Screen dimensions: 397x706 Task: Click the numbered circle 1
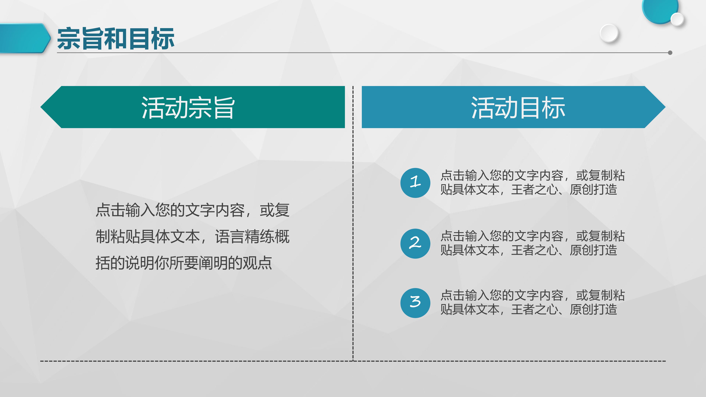pos(415,183)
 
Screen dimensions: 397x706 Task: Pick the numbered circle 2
pos(415,243)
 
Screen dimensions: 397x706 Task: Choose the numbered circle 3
pos(415,303)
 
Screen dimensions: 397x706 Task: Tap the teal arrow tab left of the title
pos(25,38)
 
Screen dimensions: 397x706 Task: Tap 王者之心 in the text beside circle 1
pos(535,190)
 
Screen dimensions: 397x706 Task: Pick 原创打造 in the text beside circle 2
pos(593,250)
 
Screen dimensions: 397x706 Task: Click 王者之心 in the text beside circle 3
pos(535,310)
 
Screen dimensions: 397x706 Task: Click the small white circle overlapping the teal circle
pos(677,19)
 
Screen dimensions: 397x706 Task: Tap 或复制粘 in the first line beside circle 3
pos(600,295)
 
